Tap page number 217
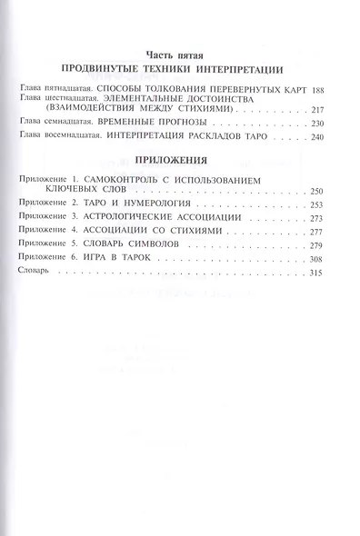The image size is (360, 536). coord(330,109)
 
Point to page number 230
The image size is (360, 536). coord(330,123)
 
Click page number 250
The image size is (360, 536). coord(330,192)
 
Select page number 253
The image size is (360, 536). coord(330,205)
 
